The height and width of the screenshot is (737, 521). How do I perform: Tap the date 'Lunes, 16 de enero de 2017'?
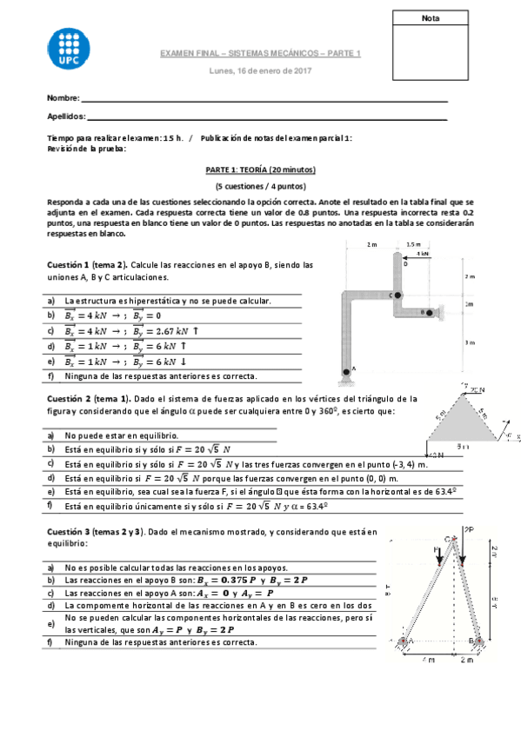click(x=260, y=70)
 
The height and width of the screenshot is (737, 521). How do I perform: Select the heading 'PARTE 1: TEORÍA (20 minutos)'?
click(x=260, y=170)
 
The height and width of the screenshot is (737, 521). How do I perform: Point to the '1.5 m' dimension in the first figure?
click(x=413, y=244)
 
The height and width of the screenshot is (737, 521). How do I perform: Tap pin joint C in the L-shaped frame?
click(x=397, y=295)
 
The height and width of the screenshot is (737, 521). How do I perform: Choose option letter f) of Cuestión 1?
click(x=51, y=376)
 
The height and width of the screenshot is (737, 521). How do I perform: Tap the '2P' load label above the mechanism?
click(x=469, y=528)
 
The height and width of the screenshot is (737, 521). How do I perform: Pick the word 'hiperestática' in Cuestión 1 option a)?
click(x=134, y=301)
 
